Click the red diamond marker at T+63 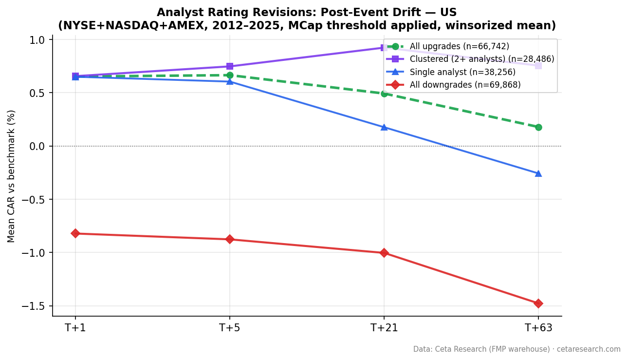pyautogui.click(x=538, y=303)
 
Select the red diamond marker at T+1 pyautogui.click(x=75, y=233)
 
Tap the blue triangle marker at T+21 pyautogui.click(x=384, y=127)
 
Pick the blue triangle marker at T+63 pyautogui.click(x=538, y=173)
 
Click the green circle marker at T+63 pyautogui.click(x=538, y=127)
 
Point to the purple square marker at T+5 pyautogui.click(x=230, y=66)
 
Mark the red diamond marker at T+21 pyautogui.click(x=384, y=253)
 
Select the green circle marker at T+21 pyautogui.click(x=384, y=93)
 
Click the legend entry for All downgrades pyautogui.click(x=465, y=85)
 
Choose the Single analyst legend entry pyautogui.click(x=462, y=72)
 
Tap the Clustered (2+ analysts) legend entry pyautogui.click(x=481, y=59)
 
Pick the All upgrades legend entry pyautogui.click(x=459, y=47)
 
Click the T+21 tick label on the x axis pyautogui.click(x=384, y=328)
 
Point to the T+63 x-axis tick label pyautogui.click(x=538, y=328)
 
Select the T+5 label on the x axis pyautogui.click(x=230, y=328)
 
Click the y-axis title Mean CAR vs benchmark pyautogui.click(x=12, y=176)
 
